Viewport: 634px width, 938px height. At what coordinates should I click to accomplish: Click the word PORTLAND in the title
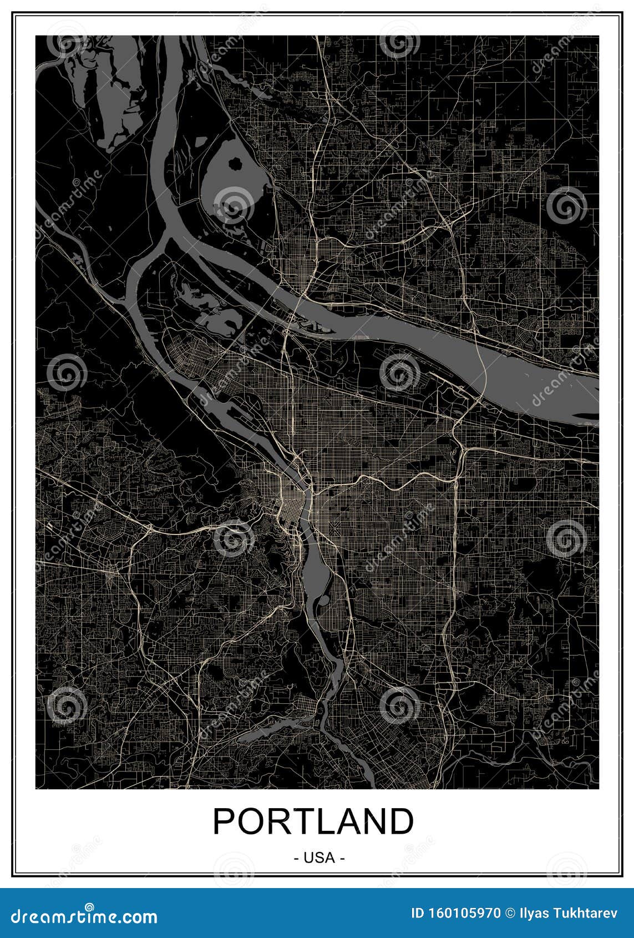[x=313, y=821]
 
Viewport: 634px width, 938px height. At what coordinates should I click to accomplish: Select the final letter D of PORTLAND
[x=401, y=821]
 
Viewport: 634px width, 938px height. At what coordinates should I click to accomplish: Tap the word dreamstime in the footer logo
[x=64, y=916]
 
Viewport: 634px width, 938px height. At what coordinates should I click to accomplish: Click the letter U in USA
[x=308, y=858]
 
